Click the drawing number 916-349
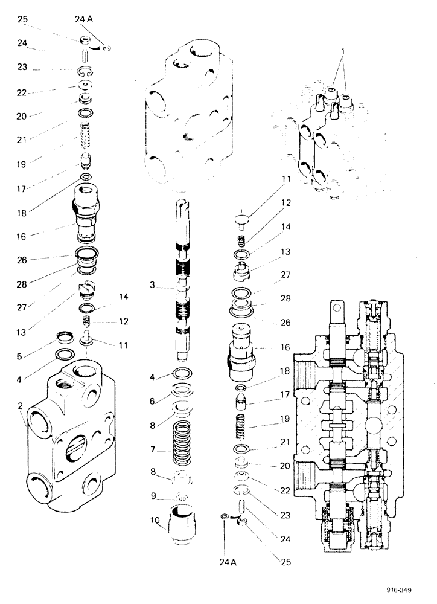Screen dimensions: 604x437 (x=415, y=590)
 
